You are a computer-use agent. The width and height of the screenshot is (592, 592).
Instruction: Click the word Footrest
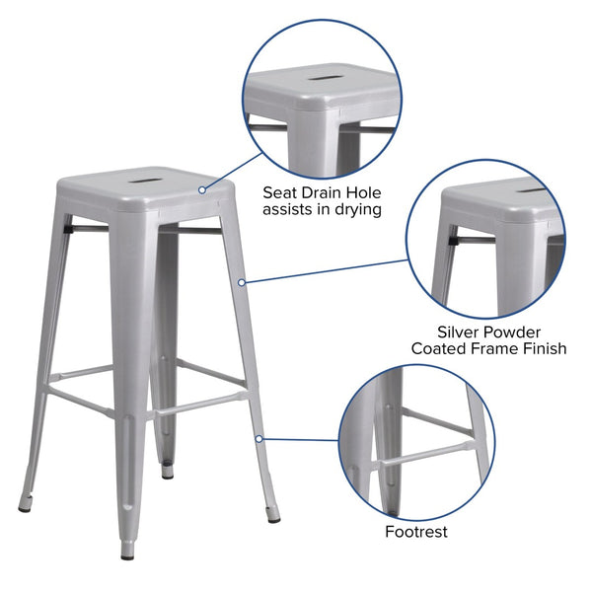pyautogui.click(x=416, y=533)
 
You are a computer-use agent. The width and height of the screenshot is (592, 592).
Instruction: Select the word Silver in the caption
pyautogui.click(x=460, y=333)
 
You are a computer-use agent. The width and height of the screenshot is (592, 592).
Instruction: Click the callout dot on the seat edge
pyautogui.click(x=201, y=188)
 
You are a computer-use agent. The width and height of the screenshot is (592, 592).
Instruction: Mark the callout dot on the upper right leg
pyautogui.click(x=242, y=282)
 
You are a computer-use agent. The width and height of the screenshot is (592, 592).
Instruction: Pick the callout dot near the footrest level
pyautogui.click(x=259, y=438)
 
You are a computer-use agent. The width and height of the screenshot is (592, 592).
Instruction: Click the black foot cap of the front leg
pyautogui.click(x=127, y=554)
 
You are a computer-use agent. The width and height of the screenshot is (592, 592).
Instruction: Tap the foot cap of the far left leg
pyautogui.click(x=25, y=507)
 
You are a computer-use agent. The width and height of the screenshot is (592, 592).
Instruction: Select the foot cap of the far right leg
pyautogui.click(x=273, y=518)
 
